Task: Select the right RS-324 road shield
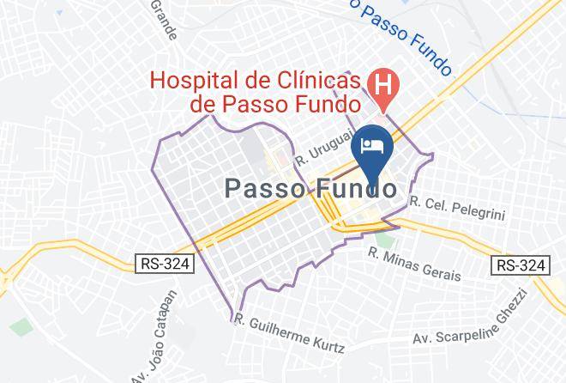(x=520, y=265)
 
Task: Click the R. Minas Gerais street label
(x=414, y=264)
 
